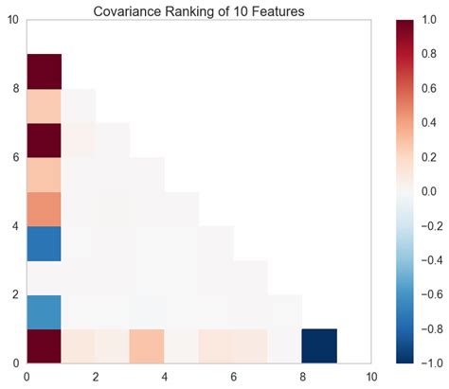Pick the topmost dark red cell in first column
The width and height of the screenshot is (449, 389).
(45, 71)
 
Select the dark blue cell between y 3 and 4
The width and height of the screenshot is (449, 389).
(45, 243)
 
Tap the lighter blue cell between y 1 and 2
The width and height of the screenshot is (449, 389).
(45, 311)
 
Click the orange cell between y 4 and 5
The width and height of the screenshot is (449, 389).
(45, 208)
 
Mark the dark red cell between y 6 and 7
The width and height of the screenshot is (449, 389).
(45, 140)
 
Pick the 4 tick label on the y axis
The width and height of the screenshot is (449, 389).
(14, 226)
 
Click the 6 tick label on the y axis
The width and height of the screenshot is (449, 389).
(14, 157)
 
